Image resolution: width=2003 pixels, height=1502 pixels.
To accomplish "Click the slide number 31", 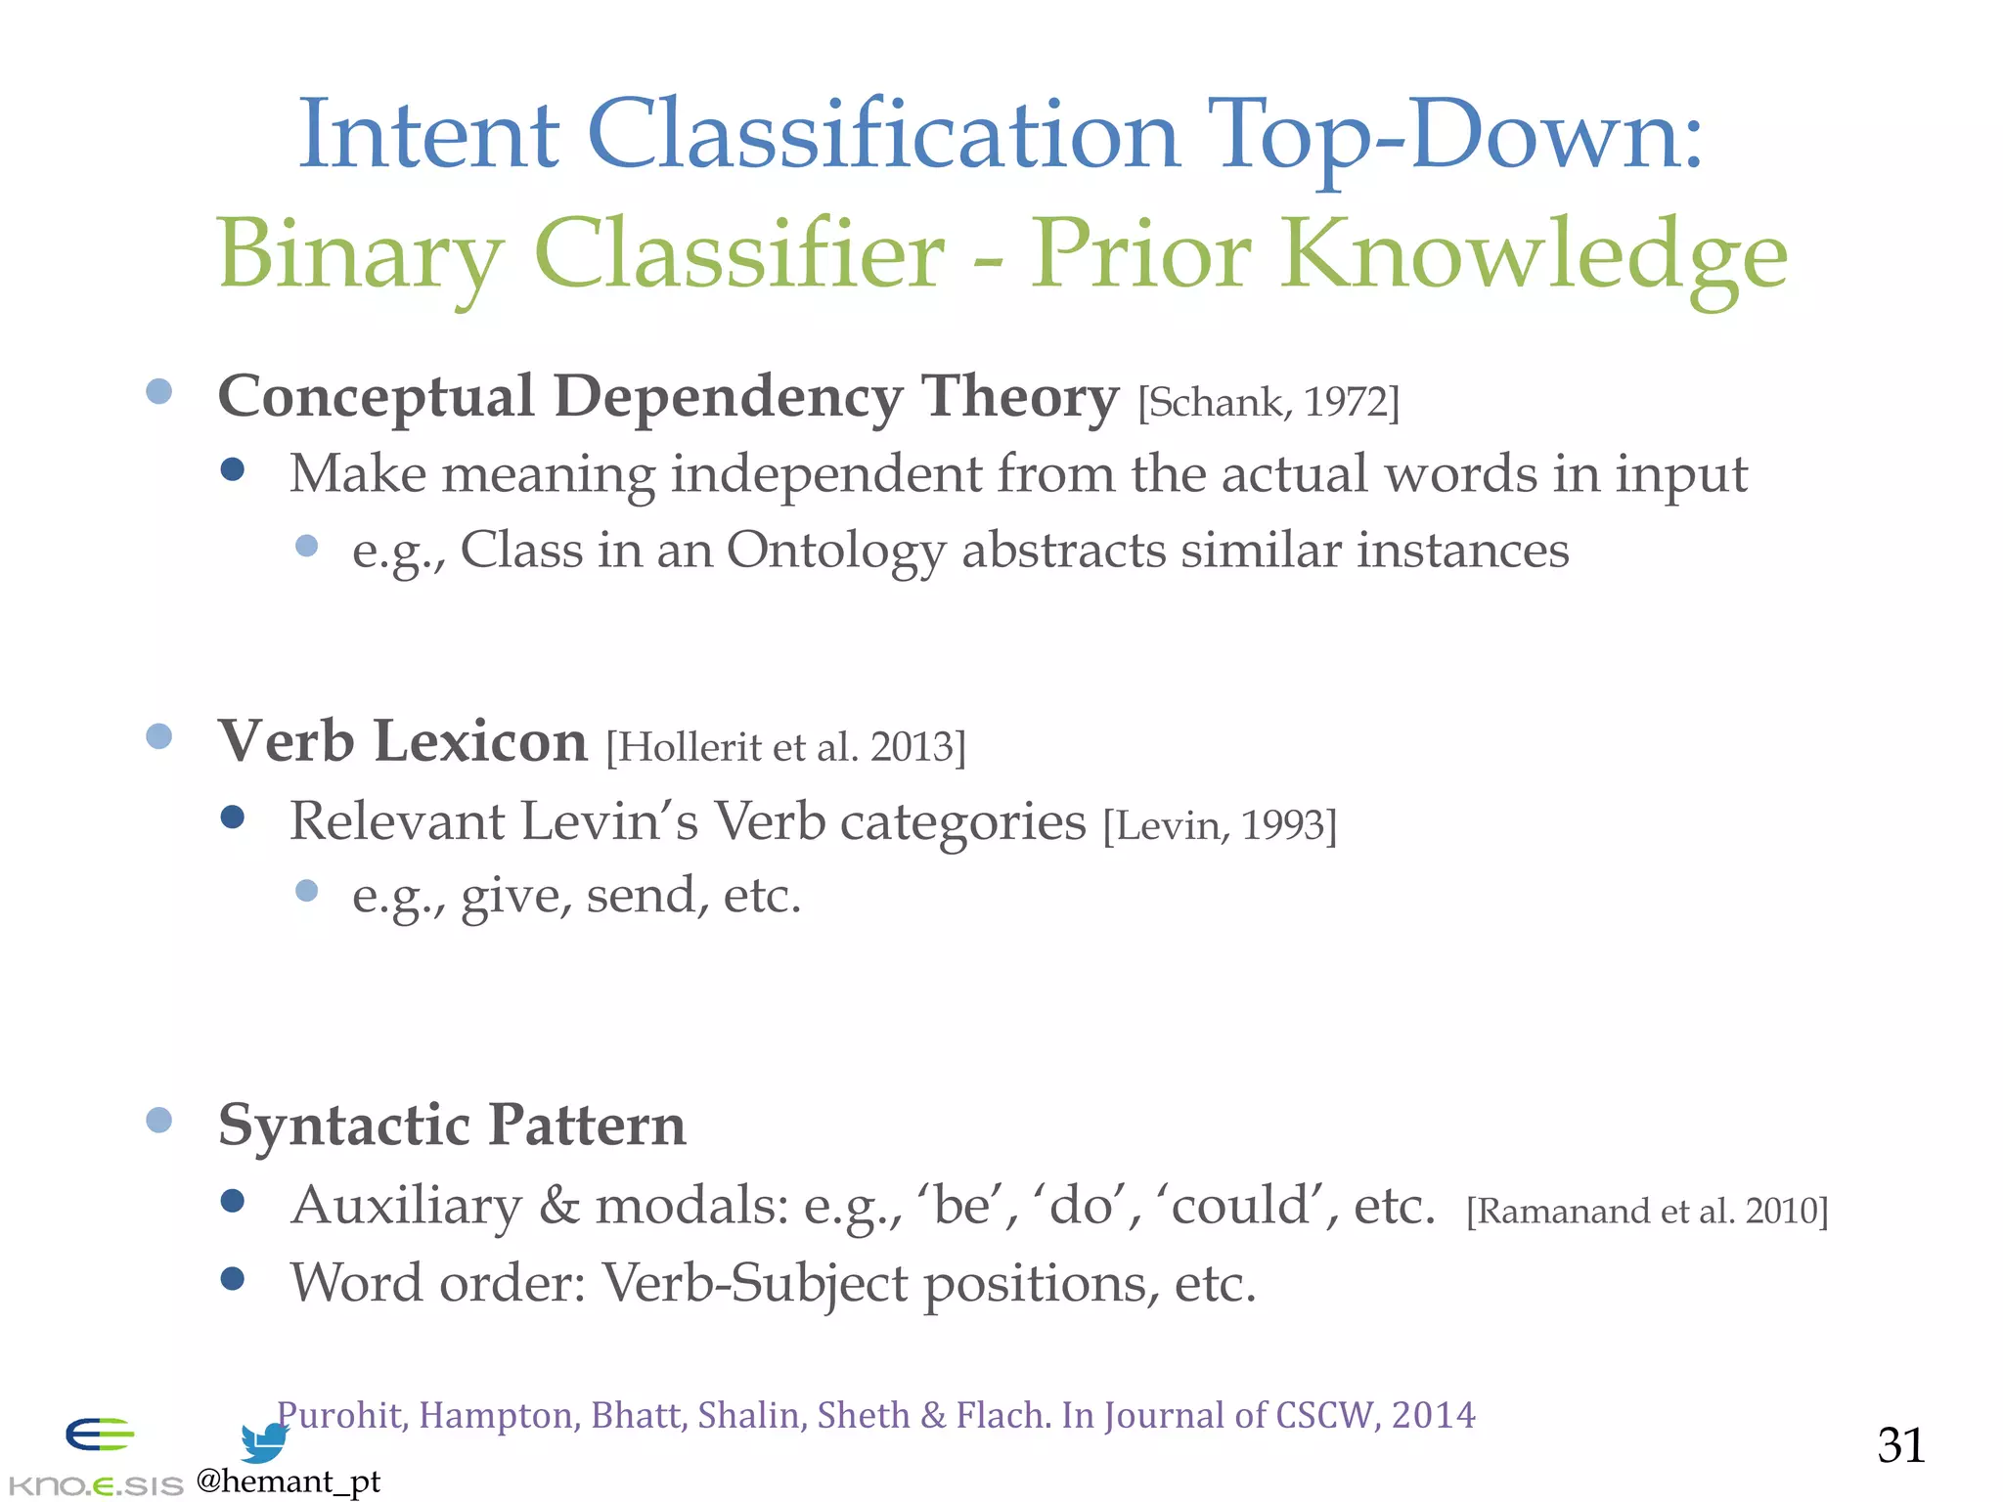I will pos(1900,1445).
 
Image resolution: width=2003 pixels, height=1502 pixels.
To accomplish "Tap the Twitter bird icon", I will pos(264,1441).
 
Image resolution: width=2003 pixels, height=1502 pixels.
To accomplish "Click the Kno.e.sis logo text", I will pos(95,1485).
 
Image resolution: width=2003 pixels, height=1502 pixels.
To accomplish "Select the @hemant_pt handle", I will pos(289,1481).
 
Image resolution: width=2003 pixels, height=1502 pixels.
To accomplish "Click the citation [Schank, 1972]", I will pos(1269,402).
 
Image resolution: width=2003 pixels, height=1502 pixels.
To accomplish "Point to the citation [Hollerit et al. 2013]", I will pos(785,747).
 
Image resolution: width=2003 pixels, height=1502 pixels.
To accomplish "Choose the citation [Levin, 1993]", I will pos(1219,825).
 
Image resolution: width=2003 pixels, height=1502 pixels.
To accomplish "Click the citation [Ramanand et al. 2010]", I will pos(1646,1211).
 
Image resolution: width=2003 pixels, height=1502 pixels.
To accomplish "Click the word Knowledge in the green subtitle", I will pos(1535,254).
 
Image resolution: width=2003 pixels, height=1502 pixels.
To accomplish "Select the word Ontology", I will pos(835,551).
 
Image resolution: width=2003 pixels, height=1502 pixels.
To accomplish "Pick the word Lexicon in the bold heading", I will pos(480,740).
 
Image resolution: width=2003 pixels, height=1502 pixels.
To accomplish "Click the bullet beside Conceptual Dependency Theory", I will pos(158,391).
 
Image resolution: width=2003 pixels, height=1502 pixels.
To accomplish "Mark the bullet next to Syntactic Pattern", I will pos(158,1120).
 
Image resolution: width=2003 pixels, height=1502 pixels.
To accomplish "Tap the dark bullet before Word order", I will pos(233,1278).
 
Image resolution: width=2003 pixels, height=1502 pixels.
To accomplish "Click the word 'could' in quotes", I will pos(1239,1205).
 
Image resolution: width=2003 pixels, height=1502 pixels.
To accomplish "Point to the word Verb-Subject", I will pos(754,1283).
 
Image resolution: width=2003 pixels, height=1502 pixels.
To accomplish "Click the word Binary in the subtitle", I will pos(360,254).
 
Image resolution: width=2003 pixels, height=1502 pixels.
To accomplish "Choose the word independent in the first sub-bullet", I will pos(824,474).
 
